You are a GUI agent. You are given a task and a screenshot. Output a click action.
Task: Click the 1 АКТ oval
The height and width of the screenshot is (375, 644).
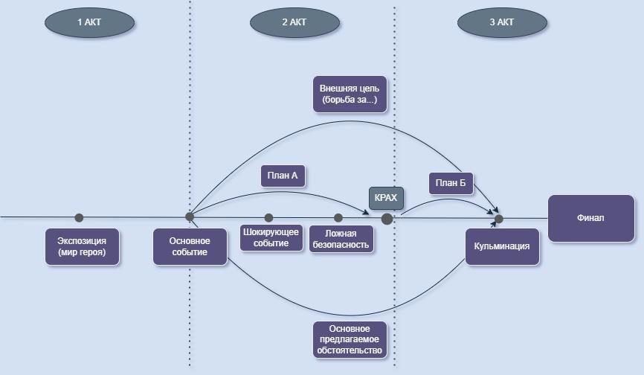[x=89, y=22]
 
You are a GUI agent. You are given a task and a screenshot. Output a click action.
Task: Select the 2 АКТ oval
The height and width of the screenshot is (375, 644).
[x=294, y=22]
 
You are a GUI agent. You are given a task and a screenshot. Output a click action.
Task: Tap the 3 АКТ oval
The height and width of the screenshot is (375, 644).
[x=502, y=22]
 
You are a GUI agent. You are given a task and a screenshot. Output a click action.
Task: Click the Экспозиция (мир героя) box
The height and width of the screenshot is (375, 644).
[x=82, y=246]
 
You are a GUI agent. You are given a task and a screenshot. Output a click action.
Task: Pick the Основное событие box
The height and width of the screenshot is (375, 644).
[x=190, y=246]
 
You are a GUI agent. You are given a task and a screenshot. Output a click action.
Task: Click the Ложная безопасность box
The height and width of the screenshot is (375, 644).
[x=341, y=239]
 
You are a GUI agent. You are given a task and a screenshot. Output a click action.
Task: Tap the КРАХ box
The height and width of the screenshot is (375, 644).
[x=387, y=198]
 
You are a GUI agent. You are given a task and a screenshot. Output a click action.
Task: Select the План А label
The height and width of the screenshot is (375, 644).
[x=283, y=176]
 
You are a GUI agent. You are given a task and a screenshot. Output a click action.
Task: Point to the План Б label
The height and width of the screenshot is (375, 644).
[x=451, y=183]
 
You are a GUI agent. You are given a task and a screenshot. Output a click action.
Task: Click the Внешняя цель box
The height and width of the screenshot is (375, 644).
[x=350, y=93]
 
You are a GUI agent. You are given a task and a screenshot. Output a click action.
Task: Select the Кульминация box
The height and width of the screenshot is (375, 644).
[x=502, y=246]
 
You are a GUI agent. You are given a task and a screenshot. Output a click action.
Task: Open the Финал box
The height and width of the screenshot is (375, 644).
[x=591, y=218]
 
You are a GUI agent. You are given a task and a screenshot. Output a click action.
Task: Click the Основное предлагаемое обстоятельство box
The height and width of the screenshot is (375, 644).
[x=349, y=339]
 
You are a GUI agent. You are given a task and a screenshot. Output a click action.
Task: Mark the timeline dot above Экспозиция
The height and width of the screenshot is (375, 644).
[x=80, y=218]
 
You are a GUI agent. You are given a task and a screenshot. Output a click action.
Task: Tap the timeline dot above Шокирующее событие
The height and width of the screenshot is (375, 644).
[x=269, y=218]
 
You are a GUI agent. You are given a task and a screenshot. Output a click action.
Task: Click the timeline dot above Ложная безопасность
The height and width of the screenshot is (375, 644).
[x=338, y=218]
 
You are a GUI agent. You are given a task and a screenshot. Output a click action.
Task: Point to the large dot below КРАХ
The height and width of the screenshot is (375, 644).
[x=387, y=219]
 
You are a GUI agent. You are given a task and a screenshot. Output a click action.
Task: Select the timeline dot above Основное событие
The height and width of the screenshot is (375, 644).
[x=190, y=217]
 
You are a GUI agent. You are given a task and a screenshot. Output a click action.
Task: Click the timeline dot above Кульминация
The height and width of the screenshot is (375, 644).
[x=499, y=219]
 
